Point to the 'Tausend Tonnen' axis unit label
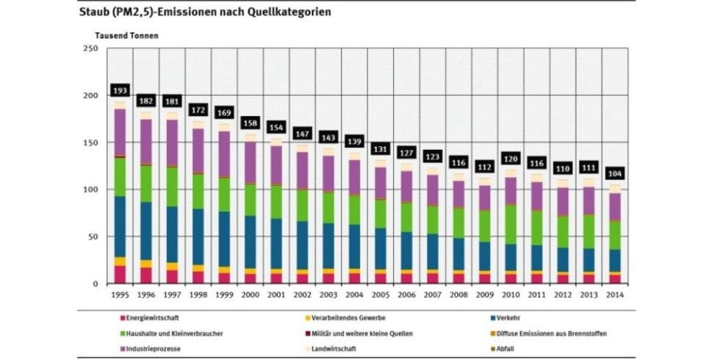126,35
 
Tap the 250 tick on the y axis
90,48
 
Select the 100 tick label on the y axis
90,190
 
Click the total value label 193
120,90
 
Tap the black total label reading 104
613,173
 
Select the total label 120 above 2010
510,159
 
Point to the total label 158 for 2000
250,123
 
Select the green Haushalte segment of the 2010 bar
510,224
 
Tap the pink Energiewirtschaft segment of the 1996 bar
145,275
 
